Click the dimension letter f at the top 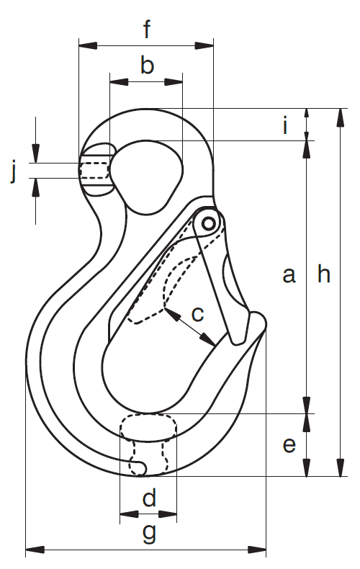(147, 29)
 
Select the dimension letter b (147, 66)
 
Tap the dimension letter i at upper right (286, 125)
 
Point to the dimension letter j (14, 173)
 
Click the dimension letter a (289, 274)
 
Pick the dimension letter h (324, 274)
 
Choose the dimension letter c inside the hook (197, 314)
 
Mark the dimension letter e (289, 445)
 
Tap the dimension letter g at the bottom (149, 533)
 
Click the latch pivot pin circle (208, 223)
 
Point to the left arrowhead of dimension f (88, 45)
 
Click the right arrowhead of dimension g (256, 550)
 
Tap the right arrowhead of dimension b (174, 82)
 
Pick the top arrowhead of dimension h (341, 117)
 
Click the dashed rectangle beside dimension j (94, 170)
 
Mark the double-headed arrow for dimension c (190, 326)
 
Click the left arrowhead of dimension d (129, 514)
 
